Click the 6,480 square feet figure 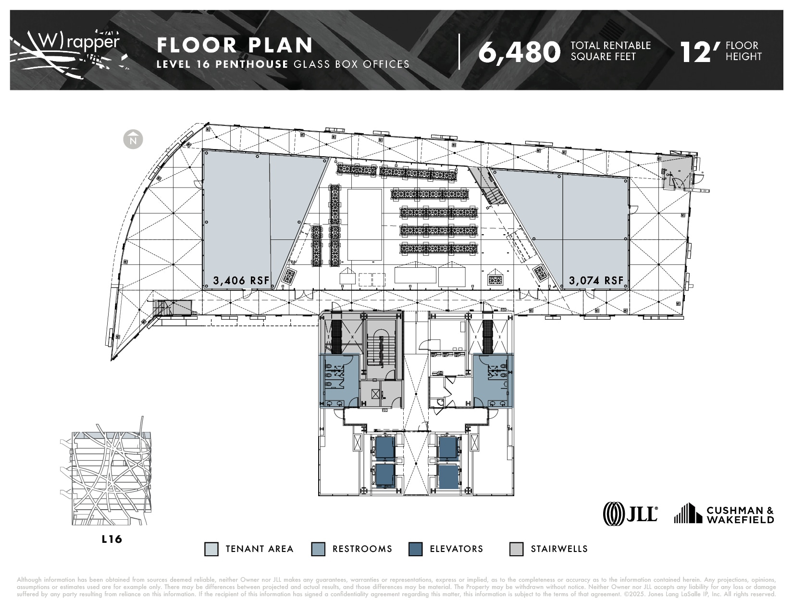point(519,52)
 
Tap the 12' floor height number point(701,52)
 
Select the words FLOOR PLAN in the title point(235,45)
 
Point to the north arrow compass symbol point(133,139)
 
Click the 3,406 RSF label point(241,281)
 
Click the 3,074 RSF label point(596,281)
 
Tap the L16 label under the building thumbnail point(112,539)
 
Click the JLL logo point(630,513)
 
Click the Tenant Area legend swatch point(211,549)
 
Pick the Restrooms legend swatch point(318,549)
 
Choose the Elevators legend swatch point(415,549)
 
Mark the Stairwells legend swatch point(516,549)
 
